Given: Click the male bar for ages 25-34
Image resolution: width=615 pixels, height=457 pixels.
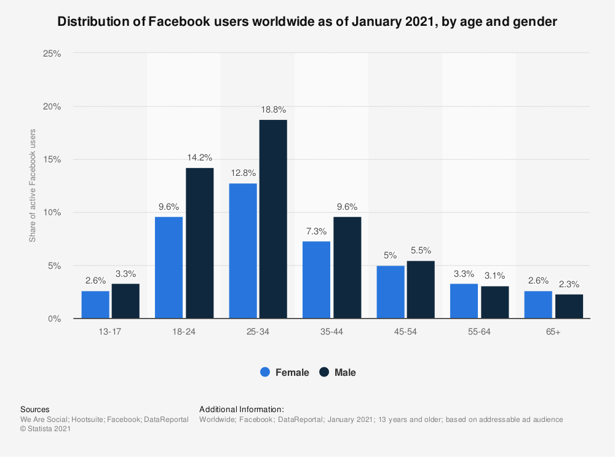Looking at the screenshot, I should click(273, 219).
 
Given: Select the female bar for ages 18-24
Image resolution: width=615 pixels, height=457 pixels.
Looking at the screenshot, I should click(169, 268).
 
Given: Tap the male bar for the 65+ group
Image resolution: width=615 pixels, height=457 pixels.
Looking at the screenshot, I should click(569, 306).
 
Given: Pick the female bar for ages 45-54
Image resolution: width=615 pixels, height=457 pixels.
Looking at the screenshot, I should click(391, 292).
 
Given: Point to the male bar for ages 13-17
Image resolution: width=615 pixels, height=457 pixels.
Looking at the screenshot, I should click(125, 301).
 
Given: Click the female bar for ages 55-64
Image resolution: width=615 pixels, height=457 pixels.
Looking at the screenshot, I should click(464, 301).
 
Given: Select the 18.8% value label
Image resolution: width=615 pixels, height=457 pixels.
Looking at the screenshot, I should click(273, 109).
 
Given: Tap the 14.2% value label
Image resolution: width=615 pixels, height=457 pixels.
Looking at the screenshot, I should click(199, 158).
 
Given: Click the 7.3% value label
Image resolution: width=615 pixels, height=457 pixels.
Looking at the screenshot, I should click(317, 231).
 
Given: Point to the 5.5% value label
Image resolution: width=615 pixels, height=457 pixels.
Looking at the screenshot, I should click(421, 250).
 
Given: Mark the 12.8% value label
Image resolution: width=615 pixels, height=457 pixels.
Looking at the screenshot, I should click(243, 173).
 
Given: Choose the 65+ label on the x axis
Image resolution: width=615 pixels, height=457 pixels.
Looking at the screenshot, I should click(553, 332).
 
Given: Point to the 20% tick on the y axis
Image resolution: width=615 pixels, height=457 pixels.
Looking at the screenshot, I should click(52, 106).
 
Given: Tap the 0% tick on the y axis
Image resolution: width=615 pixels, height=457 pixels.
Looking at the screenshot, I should click(55, 319).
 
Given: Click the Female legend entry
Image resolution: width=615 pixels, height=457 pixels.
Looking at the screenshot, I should click(285, 372).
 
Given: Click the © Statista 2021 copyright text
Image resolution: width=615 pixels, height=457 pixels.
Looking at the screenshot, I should click(46, 429).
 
